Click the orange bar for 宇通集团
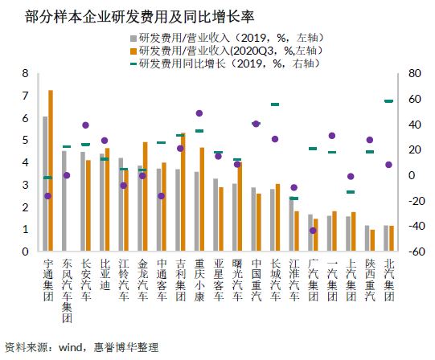click(51, 170)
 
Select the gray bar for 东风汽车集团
click(64, 201)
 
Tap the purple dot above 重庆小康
click(199, 113)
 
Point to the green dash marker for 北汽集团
click(388, 101)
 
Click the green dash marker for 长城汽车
click(275, 104)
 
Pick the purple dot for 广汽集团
click(313, 231)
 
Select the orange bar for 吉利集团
click(183, 192)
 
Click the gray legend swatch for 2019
click(133, 38)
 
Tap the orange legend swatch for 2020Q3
click(133, 51)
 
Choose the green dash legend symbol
click(133, 64)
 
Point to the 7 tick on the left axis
click(26, 96)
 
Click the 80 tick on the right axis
click(415, 73)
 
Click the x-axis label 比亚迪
click(105, 275)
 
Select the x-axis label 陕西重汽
click(370, 280)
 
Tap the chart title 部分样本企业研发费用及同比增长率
click(140, 17)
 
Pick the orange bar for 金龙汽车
click(145, 196)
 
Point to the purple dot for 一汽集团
click(332, 136)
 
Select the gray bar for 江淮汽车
click(291, 224)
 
